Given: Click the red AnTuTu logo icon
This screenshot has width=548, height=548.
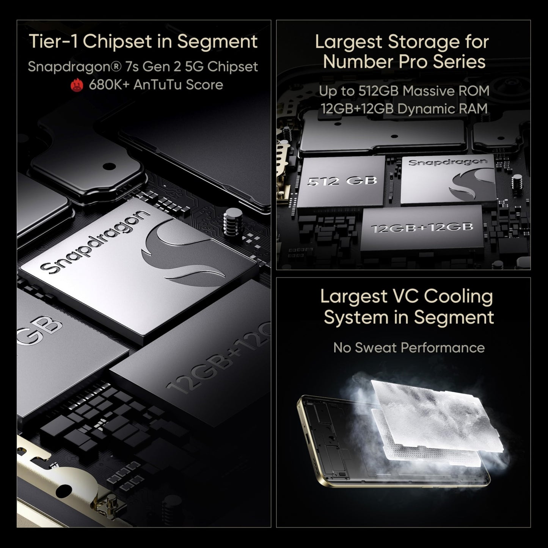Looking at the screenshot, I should [77, 85].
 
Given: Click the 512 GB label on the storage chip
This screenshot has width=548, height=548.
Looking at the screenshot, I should [342, 181].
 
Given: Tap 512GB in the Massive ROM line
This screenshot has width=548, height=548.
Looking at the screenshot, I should [379, 91].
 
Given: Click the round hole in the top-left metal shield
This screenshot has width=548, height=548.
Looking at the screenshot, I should [109, 166].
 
